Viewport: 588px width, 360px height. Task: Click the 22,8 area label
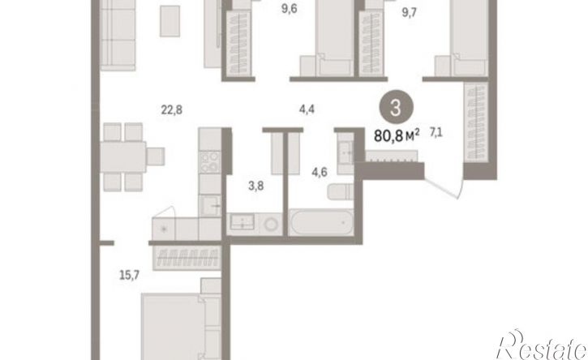pyautogui.click(x=172, y=110)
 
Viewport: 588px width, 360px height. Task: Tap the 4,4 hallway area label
pyautogui.click(x=307, y=109)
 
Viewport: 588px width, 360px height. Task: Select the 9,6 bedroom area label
pyautogui.click(x=289, y=9)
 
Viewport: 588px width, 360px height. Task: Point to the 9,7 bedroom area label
pyautogui.click(x=409, y=12)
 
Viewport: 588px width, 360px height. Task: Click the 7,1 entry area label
pyautogui.click(x=436, y=132)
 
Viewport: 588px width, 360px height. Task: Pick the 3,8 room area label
pyautogui.click(x=255, y=186)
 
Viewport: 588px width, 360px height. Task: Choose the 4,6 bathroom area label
pyautogui.click(x=319, y=172)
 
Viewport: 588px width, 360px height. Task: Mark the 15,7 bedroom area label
pyautogui.click(x=130, y=276)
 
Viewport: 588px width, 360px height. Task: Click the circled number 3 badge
pyautogui.click(x=396, y=108)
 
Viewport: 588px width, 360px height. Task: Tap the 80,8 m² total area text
pyautogui.click(x=397, y=135)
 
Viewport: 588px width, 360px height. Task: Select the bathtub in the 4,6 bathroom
pyautogui.click(x=321, y=222)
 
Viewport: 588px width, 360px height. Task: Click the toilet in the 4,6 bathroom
pyautogui.click(x=341, y=191)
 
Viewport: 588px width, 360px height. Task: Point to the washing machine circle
pyautogui.click(x=270, y=225)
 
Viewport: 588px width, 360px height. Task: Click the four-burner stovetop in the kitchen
pyautogui.click(x=209, y=162)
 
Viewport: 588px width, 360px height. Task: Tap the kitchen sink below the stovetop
pyautogui.click(x=210, y=205)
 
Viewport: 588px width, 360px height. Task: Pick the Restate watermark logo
pyautogui.click(x=542, y=345)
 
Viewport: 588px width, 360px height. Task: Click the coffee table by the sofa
pyautogui.click(x=170, y=21)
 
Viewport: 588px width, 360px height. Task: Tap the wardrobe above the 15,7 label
pyautogui.click(x=187, y=259)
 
